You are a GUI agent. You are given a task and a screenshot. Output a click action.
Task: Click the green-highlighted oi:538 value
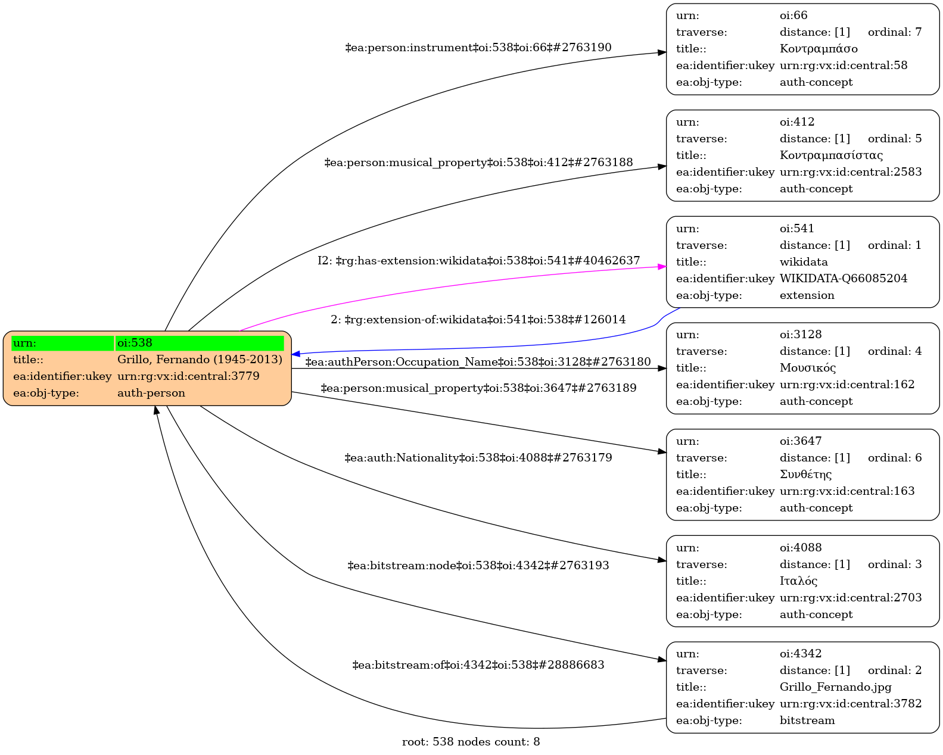pos(199,343)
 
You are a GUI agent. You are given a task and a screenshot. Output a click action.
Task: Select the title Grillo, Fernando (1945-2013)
pos(200,360)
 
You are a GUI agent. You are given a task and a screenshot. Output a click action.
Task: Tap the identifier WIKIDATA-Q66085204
pos(843,279)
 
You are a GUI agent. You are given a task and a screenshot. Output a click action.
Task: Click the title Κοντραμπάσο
pos(818,49)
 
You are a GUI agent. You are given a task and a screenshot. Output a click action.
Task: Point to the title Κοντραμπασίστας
pos(831,155)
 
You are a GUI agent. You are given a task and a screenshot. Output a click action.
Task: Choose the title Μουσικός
pos(807,368)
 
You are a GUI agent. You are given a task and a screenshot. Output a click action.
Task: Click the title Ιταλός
pos(798,581)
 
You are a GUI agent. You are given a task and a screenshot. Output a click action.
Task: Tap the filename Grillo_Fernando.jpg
pos(835,687)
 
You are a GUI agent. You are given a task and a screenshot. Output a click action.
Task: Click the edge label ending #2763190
pos(478,48)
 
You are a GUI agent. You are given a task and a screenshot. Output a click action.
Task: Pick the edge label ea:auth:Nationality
pos(478,458)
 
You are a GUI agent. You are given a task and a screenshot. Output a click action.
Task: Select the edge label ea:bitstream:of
pos(478,665)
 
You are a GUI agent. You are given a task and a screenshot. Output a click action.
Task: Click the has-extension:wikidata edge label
pos(478,261)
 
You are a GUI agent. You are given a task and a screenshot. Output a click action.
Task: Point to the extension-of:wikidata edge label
pos(478,320)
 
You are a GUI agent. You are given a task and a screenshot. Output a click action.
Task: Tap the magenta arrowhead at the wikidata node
pos(662,267)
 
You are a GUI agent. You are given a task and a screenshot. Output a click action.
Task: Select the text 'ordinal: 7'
pos(894,32)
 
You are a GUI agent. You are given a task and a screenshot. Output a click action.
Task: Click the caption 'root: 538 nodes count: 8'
pos(471,742)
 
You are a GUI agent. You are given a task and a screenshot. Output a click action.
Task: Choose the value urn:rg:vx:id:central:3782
pos(850,704)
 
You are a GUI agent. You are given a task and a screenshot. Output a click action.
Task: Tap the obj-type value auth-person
pos(151,393)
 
